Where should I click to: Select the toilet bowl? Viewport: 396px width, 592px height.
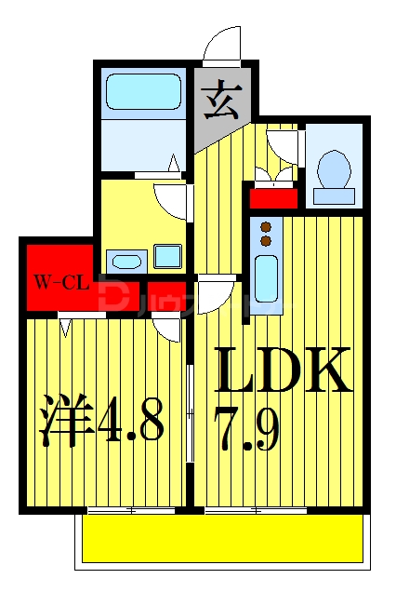coord(333,169)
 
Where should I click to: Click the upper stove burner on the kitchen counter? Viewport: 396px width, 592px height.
coord(266,227)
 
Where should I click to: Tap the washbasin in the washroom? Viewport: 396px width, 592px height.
coord(124,258)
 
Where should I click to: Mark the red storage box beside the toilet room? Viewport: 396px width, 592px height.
coord(272,196)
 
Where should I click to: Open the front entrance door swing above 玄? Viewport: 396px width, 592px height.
coord(222,47)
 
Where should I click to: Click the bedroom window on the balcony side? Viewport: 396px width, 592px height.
coord(130,510)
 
